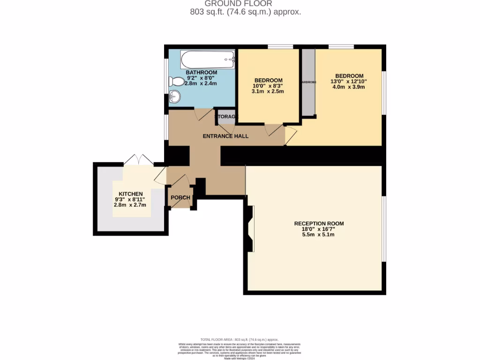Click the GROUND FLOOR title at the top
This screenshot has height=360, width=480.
click(245, 3)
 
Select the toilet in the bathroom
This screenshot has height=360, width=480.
click(177, 82)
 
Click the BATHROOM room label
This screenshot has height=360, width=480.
click(201, 73)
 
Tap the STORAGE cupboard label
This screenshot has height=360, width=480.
click(226, 116)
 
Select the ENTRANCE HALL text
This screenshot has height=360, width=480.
click(225, 136)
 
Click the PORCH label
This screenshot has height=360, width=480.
click(180, 198)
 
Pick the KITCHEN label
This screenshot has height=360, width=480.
click(130, 194)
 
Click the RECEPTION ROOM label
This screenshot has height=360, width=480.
click(319, 224)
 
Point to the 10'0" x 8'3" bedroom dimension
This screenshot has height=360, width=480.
click(268, 86)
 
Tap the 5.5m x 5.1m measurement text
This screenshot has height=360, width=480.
click(319, 235)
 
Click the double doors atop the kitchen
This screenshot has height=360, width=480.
click(138, 159)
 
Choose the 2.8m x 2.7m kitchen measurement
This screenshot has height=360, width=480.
click(130, 205)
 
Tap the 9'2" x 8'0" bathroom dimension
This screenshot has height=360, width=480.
click(201, 78)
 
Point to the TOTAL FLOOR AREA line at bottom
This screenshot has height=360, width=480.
click(240, 339)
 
